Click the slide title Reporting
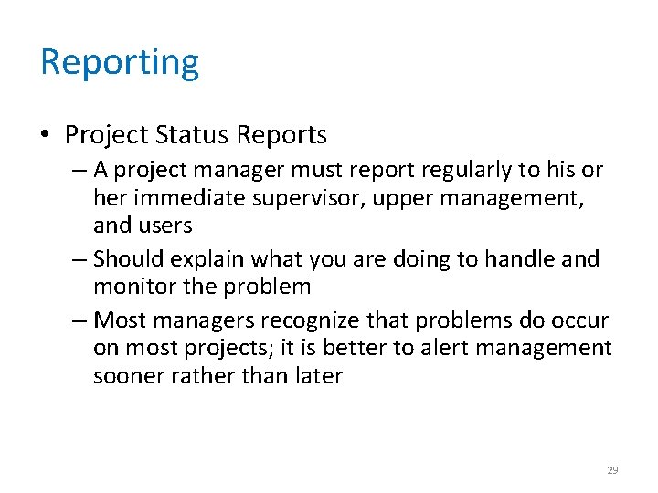[x=119, y=63]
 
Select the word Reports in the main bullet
[x=281, y=135]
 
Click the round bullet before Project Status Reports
[x=46, y=136]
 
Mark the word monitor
[x=138, y=286]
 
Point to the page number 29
[x=612, y=470]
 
